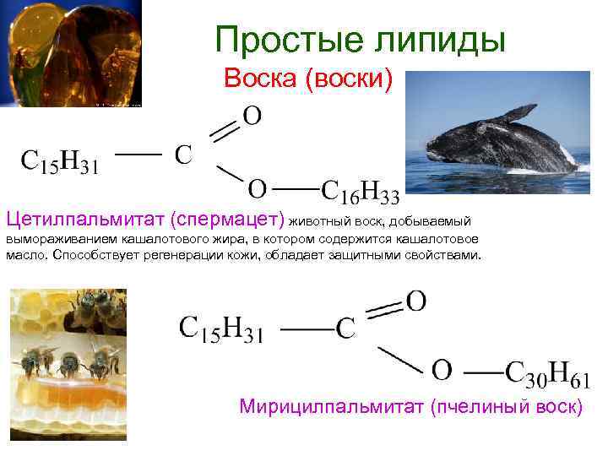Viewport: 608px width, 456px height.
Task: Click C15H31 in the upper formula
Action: click(59, 160)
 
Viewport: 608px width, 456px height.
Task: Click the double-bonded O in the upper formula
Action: click(252, 115)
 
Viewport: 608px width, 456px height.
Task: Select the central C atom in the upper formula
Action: click(183, 155)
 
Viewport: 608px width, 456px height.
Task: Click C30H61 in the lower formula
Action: click(547, 372)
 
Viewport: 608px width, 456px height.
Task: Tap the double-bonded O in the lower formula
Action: click(415, 301)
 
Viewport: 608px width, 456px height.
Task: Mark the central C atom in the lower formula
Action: click(345, 329)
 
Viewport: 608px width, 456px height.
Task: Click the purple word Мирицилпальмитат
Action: click(333, 407)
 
